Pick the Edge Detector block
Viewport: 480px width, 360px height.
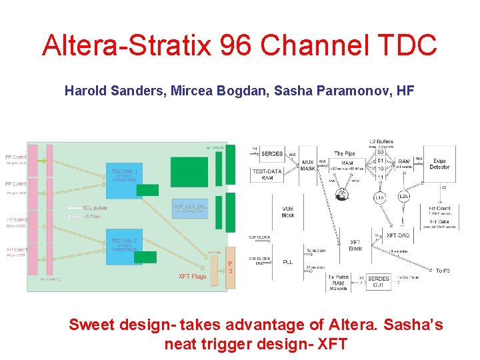(x=439, y=163)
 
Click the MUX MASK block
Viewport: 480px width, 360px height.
(x=307, y=165)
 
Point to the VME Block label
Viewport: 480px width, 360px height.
(x=288, y=211)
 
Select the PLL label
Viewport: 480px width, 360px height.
(x=287, y=262)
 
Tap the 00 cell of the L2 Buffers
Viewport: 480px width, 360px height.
(x=380, y=153)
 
